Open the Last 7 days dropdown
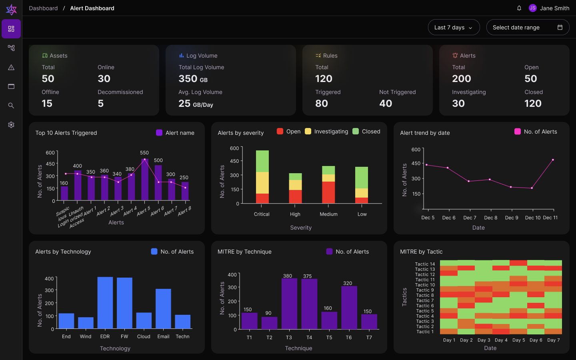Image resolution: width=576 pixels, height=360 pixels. (454, 28)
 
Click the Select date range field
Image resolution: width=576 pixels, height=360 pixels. (527, 28)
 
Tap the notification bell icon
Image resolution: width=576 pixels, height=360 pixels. (519, 8)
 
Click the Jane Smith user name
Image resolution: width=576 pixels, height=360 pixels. (554, 8)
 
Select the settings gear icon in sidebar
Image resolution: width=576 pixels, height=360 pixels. (11, 125)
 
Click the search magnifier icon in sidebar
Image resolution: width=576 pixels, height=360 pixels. (11, 106)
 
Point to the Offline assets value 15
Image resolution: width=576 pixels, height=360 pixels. (47, 104)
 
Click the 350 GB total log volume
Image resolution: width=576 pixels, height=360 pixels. (193, 79)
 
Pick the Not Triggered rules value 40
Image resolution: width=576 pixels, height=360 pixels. (386, 104)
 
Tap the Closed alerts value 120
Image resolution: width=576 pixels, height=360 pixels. (533, 104)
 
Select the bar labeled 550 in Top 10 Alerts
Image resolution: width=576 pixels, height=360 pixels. (145, 179)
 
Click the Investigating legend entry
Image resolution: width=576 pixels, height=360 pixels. (326, 132)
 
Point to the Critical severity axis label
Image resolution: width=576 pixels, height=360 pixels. (262, 214)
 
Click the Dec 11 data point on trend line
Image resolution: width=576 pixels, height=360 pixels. (553, 160)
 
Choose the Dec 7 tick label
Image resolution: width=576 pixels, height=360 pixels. (470, 218)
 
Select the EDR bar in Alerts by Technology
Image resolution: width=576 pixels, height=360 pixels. (105, 303)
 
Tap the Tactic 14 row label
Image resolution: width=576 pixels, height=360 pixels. (424, 264)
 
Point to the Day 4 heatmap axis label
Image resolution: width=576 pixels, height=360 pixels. (501, 340)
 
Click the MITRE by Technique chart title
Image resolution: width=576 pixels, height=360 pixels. (244, 252)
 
